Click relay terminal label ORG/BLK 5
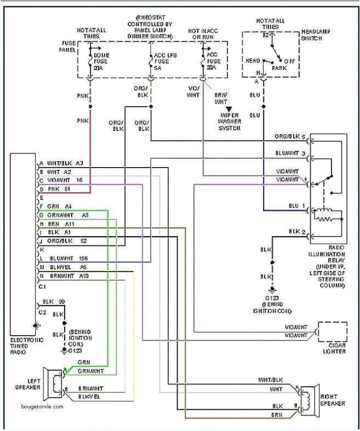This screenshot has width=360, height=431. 290,136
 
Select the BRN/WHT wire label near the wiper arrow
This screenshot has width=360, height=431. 221,97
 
